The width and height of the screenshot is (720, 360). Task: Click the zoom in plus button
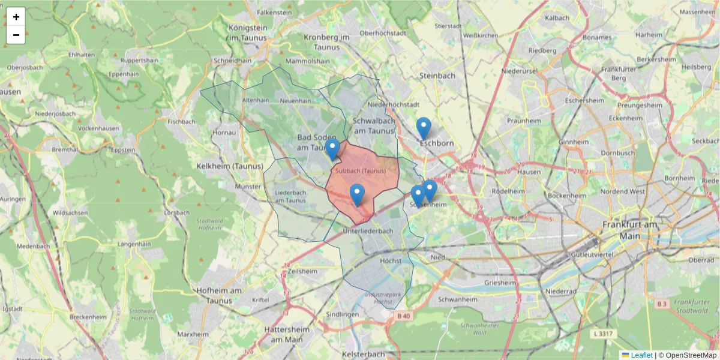(16, 17)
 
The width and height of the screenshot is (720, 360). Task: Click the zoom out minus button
(16, 35)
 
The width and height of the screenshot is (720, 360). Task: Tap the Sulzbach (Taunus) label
(361, 171)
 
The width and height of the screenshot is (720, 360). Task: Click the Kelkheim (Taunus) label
(230, 166)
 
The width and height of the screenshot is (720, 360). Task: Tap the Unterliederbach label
(368, 231)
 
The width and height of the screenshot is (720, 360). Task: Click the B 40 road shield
(403, 316)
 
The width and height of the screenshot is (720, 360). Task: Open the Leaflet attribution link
(641, 355)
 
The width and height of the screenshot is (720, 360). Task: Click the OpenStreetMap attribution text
(691, 355)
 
